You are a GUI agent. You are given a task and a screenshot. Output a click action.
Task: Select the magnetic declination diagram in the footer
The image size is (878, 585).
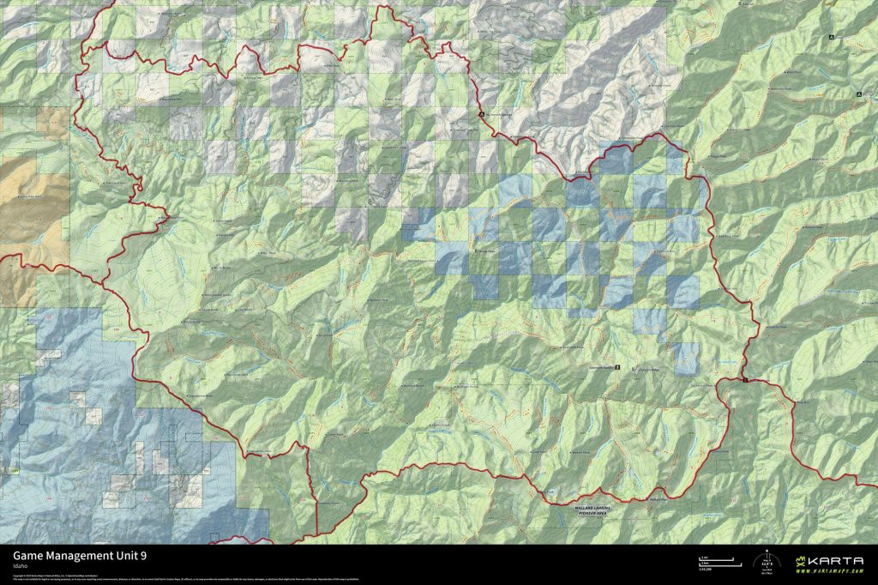(766, 562)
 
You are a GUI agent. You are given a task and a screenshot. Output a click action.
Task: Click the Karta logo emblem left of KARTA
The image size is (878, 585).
(802, 563)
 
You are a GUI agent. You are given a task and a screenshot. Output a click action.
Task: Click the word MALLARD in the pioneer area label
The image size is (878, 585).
(586, 509)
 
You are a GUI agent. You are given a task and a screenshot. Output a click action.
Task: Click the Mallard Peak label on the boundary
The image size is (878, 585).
(655, 500)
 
